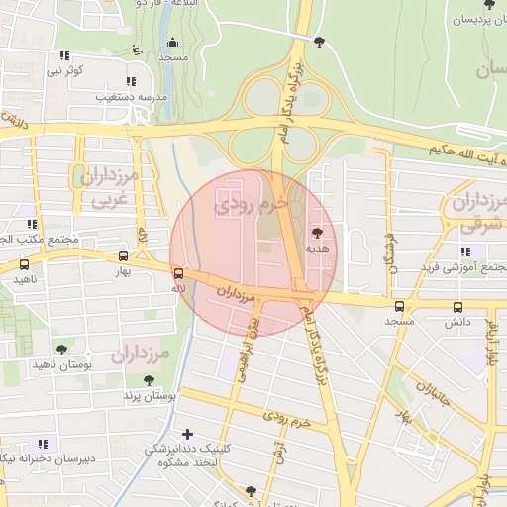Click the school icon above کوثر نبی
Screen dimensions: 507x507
(x=65, y=55)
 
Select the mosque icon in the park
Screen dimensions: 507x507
(x=173, y=42)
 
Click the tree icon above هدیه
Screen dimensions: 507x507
(x=316, y=234)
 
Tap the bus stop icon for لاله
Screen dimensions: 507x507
(x=178, y=273)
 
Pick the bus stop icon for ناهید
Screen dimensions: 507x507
(x=24, y=264)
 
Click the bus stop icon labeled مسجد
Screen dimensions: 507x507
(x=400, y=306)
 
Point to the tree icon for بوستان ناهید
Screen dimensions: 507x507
(x=62, y=350)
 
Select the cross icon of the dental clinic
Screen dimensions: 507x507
(x=188, y=434)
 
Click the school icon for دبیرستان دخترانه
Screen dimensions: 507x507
(x=42, y=444)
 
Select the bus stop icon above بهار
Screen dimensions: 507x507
(x=123, y=255)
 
